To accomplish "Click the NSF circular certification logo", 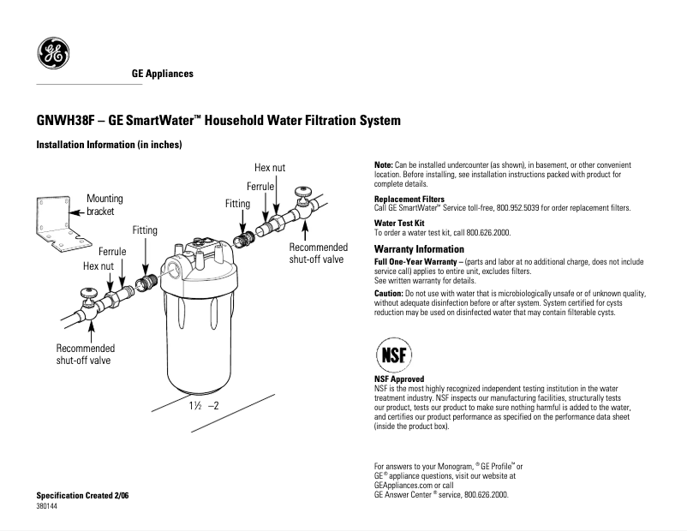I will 395,353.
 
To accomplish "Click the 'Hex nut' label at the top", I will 270,167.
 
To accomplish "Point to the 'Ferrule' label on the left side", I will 112,252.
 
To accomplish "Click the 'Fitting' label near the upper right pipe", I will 237,204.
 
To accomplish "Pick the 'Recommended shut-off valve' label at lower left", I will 85,355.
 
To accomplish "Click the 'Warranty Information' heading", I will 420,249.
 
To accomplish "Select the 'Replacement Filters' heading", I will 409,200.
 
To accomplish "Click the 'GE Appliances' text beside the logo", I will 162,74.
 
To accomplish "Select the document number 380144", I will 48,506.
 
